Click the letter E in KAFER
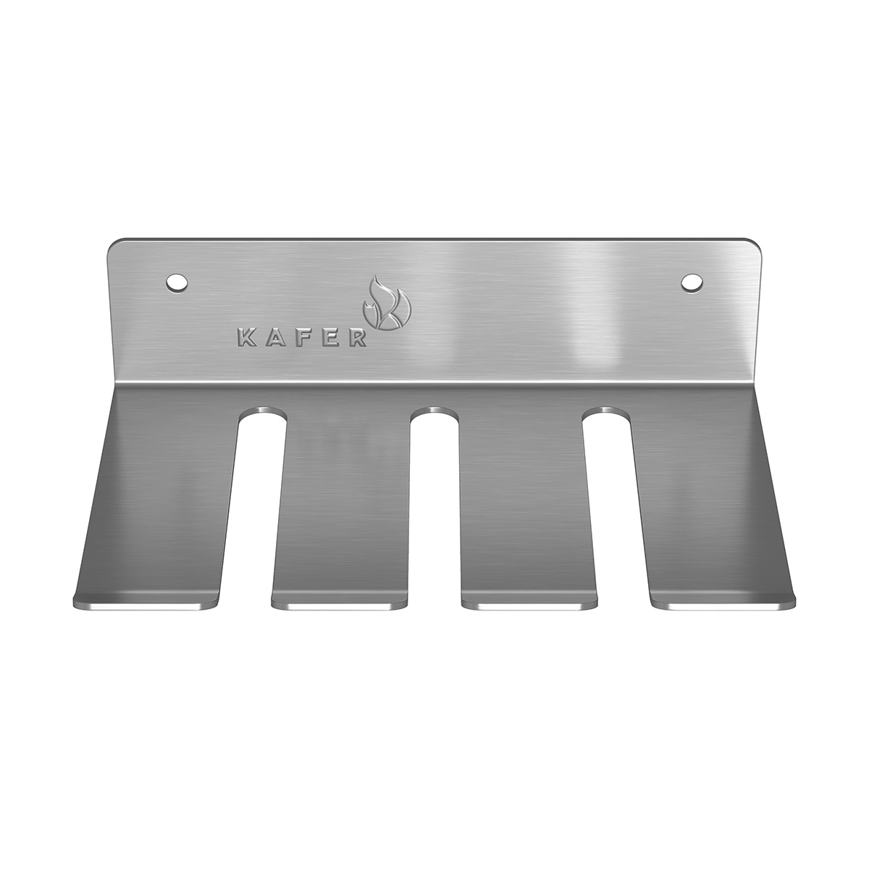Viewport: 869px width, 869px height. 328,339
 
